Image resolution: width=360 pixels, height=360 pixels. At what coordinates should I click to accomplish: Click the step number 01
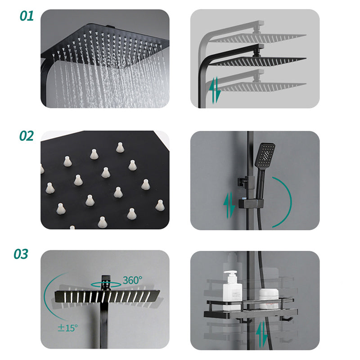27,16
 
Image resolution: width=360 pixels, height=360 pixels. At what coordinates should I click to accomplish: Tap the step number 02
27,136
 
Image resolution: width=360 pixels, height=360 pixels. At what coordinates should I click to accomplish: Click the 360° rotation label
132,280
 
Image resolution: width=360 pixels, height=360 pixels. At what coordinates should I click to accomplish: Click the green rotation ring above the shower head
106,284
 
